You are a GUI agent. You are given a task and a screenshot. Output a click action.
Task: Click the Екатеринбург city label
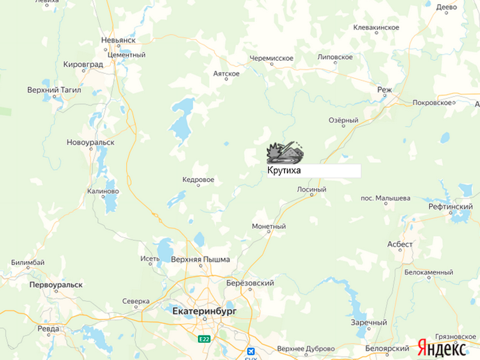[x=204, y=312]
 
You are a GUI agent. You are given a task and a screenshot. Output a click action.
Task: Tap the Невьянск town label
[x=118, y=40]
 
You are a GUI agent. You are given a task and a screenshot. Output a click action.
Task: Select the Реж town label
[x=384, y=89]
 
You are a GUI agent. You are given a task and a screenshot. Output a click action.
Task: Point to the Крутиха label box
[x=314, y=170]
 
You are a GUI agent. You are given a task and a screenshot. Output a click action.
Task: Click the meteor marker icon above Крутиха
[x=285, y=152]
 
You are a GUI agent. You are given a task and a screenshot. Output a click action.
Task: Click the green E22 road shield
[x=205, y=339]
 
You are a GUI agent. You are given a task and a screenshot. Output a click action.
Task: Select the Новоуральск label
[x=91, y=142]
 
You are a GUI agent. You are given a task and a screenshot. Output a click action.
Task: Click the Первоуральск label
[x=56, y=285]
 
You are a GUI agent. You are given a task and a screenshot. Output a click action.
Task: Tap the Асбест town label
[x=400, y=244]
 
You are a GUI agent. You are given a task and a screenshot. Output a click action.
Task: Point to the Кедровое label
[x=198, y=179]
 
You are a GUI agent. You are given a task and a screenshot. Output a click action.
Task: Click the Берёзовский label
[x=250, y=283]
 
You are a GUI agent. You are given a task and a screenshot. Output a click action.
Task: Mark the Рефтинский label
[x=451, y=206]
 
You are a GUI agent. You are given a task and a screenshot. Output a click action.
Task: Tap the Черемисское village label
[x=271, y=58]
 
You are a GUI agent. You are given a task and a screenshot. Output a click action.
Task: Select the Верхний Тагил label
[x=54, y=90]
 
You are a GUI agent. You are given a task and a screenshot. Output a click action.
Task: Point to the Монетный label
[x=269, y=227]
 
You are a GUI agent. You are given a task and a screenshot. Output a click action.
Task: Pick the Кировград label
[x=83, y=64]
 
